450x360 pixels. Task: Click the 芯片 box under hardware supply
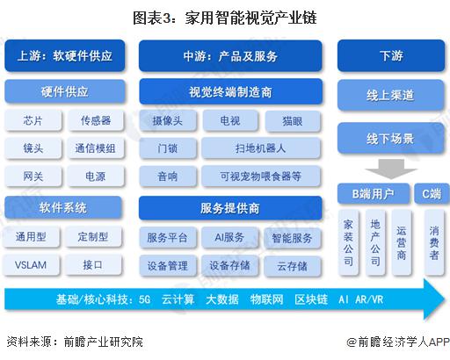pyautogui.click(x=33, y=120)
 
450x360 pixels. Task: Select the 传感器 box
pyautogui.click(x=96, y=120)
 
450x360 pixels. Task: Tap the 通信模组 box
pyautogui.click(x=95, y=148)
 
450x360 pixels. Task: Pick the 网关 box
pyautogui.click(x=33, y=176)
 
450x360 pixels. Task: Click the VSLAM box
pyautogui.click(x=31, y=265)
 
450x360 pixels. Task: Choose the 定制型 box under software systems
pyautogui.click(x=93, y=236)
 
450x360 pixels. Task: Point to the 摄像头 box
pyautogui.click(x=168, y=120)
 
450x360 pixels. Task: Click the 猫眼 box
pyautogui.click(x=293, y=120)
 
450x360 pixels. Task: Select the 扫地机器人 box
pyautogui.click(x=261, y=148)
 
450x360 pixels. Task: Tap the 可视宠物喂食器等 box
pyautogui.click(x=261, y=176)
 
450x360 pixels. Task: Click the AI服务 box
pyautogui.click(x=229, y=237)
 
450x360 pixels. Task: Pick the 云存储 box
pyautogui.click(x=293, y=266)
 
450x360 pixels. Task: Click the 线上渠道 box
pyautogui.click(x=390, y=95)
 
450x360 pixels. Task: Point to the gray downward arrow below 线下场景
pyautogui.click(x=391, y=169)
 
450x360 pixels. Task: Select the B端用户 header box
pyautogui.click(x=374, y=193)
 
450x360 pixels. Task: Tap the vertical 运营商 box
pyautogui.click(x=402, y=242)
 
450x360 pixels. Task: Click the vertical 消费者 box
pyautogui.click(x=434, y=242)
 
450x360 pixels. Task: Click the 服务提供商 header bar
pyautogui.click(x=230, y=208)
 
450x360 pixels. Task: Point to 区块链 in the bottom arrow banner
pyautogui.click(x=311, y=299)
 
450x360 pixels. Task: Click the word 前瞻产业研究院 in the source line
pyautogui.click(x=104, y=342)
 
